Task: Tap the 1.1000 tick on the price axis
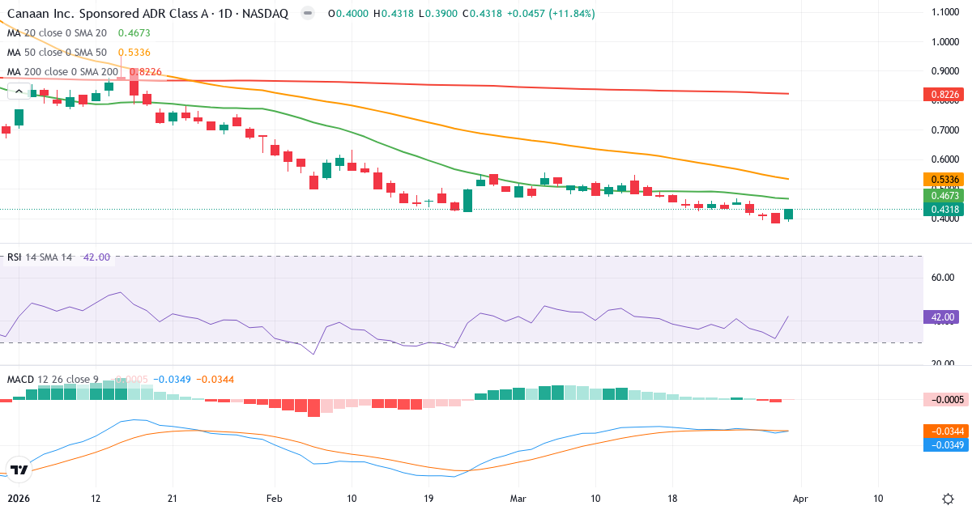pos(945,12)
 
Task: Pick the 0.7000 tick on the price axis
pos(945,130)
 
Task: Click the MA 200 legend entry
pos(63,72)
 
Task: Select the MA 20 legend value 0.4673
pos(134,33)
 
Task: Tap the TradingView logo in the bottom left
pos(19,470)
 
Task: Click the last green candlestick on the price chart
pos(788,214)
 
